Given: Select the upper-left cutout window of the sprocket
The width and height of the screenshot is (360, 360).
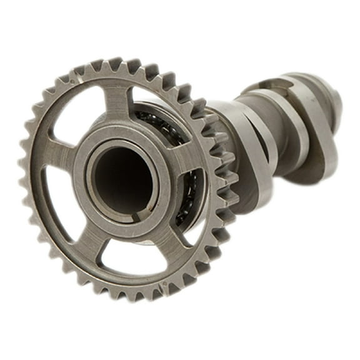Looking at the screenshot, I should (x=78, y=116).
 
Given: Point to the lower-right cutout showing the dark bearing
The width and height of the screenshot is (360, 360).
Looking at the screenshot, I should (x=187, y=203).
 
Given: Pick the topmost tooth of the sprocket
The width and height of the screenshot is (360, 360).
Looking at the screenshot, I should (x=116, y=62).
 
